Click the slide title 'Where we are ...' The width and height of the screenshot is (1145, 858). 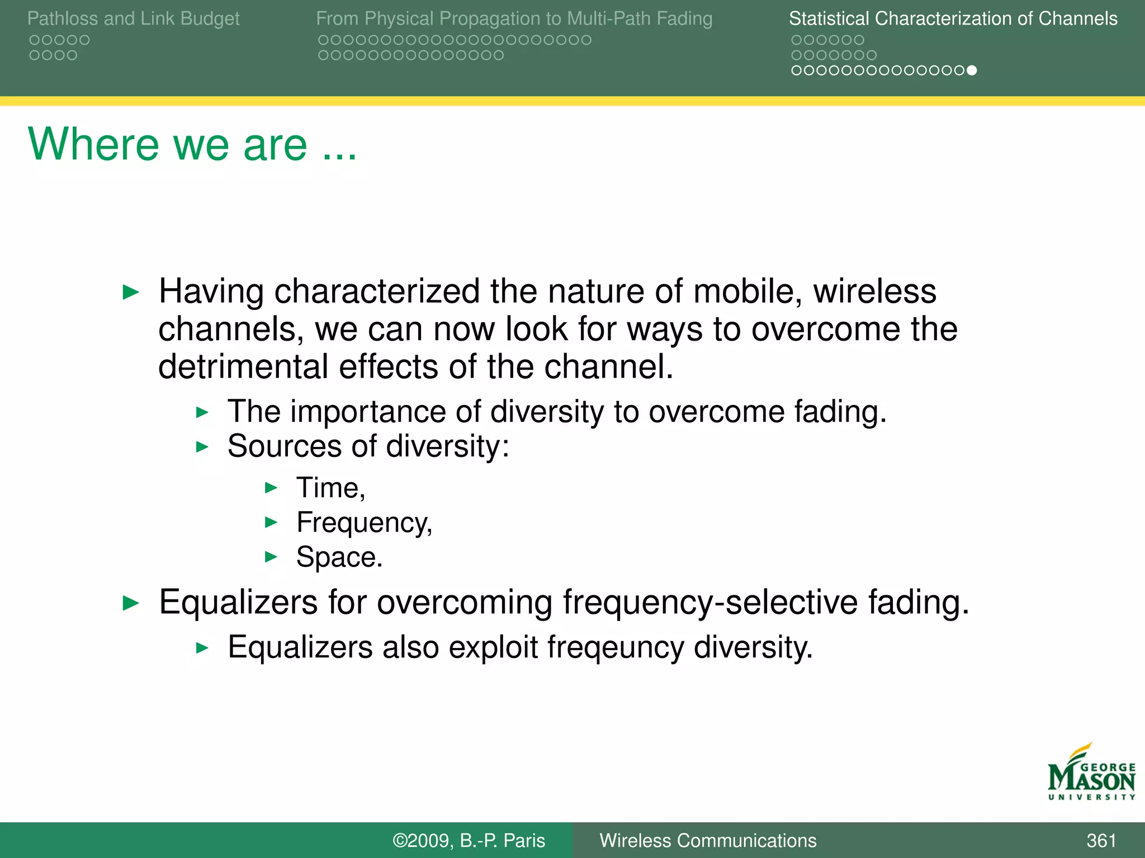click(192, 145)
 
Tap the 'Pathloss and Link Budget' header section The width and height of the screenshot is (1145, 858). click(133, 19)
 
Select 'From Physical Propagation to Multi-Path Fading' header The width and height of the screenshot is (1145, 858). click(514, 19)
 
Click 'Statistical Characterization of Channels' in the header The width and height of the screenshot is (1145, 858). click(953, 19)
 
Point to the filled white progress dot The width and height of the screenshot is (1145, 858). click(972, 70)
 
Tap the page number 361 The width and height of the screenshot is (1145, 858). click(1101, 840)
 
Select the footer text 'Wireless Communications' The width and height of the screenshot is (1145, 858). click(707, 840)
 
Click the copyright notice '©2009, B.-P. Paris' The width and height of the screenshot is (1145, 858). click(469, 840)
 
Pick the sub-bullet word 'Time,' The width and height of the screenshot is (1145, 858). click(330, 488)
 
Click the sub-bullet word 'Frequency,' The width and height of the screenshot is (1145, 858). click(364, 523)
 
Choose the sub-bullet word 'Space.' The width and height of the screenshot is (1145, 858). click(339, 557)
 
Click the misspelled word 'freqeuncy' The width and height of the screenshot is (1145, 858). click(615, 648)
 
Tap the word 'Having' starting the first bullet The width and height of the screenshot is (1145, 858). click(211, 292)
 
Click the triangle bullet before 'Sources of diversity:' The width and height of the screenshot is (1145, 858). click(202, 447)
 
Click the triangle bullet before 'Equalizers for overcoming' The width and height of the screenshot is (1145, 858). click(131, 603)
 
